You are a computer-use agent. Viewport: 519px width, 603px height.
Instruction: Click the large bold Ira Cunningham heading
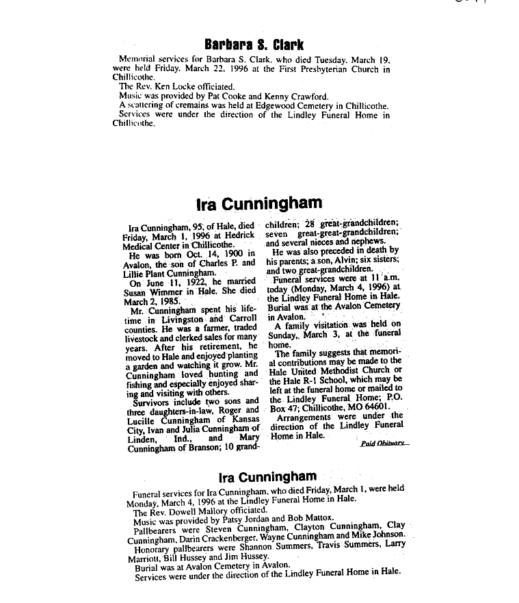pos(258,203)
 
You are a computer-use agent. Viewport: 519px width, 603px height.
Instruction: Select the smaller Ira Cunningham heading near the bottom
pos(267,476)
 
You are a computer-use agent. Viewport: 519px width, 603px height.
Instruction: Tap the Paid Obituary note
pos(384,444)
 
